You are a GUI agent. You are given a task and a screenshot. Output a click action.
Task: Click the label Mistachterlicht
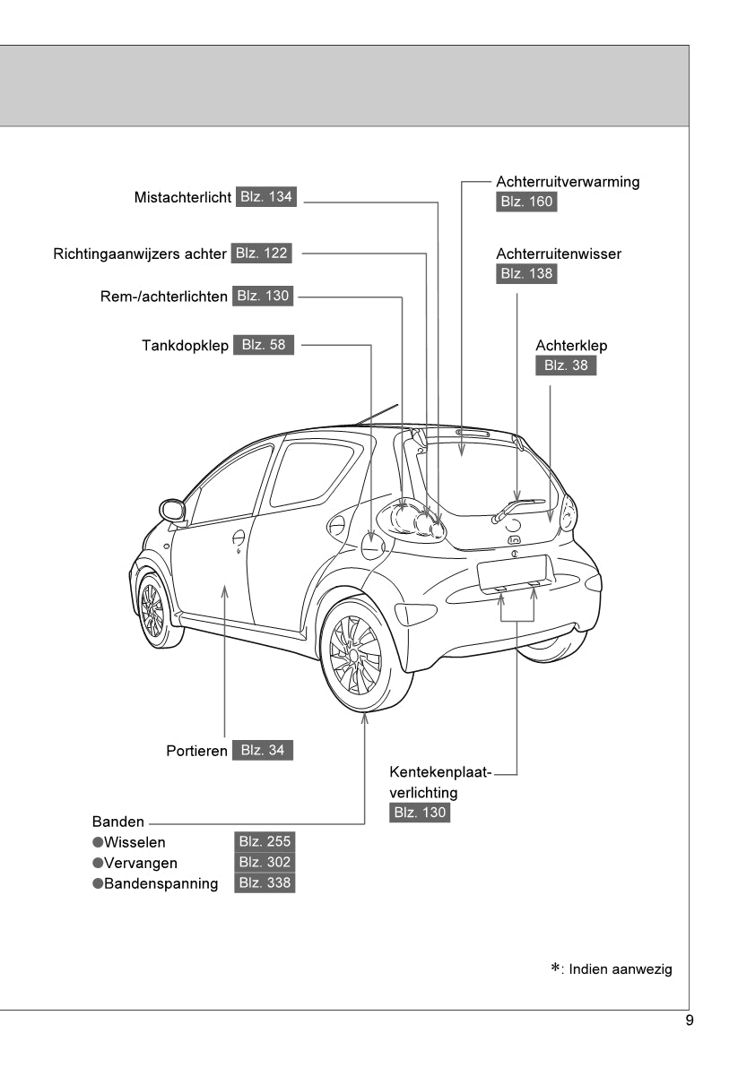[183, 197]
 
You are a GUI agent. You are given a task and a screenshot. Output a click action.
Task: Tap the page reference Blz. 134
[266, 197]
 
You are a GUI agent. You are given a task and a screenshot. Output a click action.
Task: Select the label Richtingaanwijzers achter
[140, 254]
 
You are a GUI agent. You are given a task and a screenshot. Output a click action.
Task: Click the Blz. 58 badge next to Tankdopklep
[264, 345]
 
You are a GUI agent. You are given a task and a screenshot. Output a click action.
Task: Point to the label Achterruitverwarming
[568, 182]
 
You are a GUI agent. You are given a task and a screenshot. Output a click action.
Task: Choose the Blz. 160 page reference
[526, 202]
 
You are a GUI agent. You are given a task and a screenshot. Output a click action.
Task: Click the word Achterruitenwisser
[559, 254]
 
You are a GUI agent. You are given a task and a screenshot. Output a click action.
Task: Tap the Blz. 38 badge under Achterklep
[566, 366]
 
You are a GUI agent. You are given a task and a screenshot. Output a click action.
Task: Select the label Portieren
[196, 751]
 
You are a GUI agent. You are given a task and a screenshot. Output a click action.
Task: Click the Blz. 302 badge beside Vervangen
[264, 863]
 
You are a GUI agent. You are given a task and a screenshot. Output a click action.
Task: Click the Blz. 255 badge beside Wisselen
[264, 842]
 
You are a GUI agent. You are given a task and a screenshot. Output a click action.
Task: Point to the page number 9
[689, 1020]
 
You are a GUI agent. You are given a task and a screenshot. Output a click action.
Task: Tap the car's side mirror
[172, 511]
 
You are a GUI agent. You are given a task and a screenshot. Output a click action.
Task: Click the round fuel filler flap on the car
[372, 546]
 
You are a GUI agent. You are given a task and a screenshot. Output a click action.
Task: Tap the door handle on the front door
[239, 538]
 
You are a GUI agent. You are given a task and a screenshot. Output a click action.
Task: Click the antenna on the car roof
[377, 414]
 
